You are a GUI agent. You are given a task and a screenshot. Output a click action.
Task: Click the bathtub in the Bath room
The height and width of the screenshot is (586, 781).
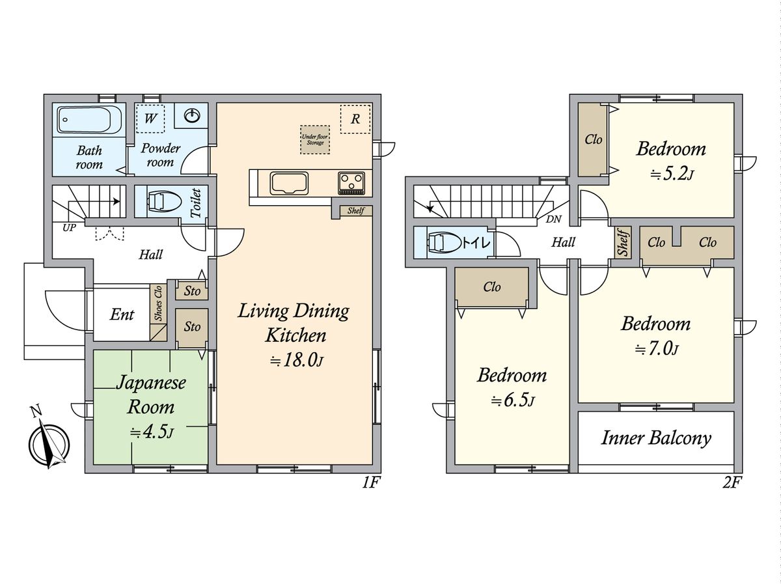click(x=90, y=120)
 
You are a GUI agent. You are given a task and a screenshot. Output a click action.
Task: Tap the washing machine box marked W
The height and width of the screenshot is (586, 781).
click(x=150, y=119)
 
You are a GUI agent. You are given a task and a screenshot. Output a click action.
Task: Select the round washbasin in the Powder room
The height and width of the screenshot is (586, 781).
click(x=192, y=116)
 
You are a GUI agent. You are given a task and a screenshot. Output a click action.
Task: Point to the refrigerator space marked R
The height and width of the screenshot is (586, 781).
click(x=355, y=119)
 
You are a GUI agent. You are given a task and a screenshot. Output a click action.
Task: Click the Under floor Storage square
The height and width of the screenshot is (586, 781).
click(x=314, y=139)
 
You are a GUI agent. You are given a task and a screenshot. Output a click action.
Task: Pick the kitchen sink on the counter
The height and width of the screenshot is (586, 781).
click(x=289, y=183)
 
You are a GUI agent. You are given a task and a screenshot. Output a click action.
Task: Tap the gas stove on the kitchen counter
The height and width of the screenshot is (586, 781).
click(x=351, y=183)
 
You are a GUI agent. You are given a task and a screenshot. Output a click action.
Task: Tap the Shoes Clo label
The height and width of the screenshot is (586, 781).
click(x=158, y=303)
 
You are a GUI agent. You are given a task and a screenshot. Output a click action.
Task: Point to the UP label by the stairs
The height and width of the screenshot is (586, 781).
click(x=70, y=227)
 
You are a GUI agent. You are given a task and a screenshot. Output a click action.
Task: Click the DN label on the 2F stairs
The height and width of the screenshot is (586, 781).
click(x=554, y=219)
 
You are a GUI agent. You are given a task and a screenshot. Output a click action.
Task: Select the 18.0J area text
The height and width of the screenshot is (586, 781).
click(x=296, y=361)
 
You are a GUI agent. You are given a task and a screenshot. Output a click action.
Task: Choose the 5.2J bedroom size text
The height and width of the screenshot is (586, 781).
click(x=671, y=174)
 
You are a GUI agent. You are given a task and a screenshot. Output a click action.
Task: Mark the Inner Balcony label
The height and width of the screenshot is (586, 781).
click(x=656, y=438)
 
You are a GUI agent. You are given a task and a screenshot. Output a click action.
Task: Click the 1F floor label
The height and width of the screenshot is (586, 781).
click(x=372, y=483)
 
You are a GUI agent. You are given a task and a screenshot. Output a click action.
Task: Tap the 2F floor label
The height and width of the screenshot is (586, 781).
click(x=732, y=483)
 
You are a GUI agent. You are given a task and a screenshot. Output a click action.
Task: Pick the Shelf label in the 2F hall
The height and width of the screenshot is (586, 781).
click(x=623, y=243)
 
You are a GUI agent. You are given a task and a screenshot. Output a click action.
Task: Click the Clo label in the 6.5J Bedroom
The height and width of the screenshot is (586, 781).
click(x=492, y=286)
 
